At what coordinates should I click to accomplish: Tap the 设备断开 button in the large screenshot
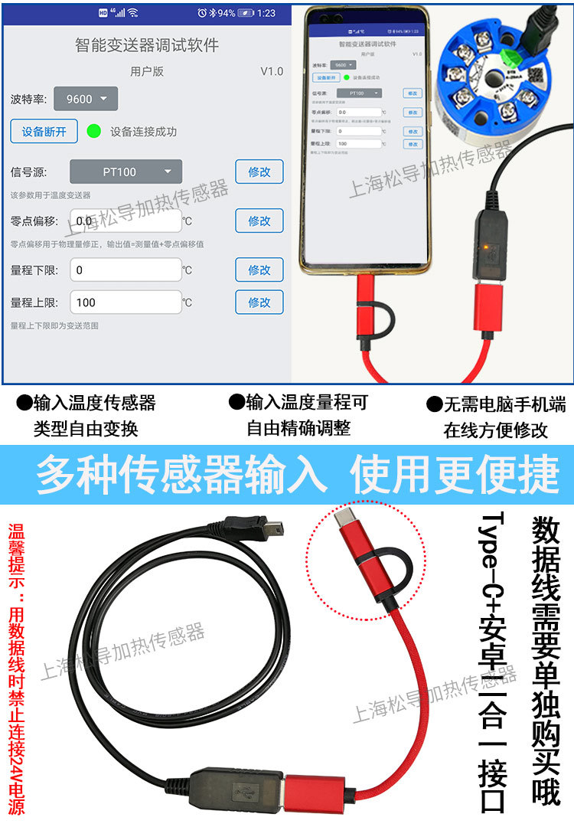coord(44,131)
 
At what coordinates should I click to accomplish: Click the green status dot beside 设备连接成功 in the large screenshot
coord(94,131)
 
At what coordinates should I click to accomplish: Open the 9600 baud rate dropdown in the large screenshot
coord(86,99)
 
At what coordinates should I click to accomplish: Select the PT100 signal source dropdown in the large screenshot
coord(126,172)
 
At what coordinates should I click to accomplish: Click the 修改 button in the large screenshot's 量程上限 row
coord(259,302)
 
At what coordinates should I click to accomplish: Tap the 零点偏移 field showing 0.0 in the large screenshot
coord(126,221)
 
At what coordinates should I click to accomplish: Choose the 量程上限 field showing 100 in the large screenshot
coord(126,302)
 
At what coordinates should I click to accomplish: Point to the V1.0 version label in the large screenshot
coord(271,71)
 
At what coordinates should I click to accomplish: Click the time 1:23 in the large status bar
coord(266,13)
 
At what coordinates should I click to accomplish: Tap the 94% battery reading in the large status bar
coord(226,13)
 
